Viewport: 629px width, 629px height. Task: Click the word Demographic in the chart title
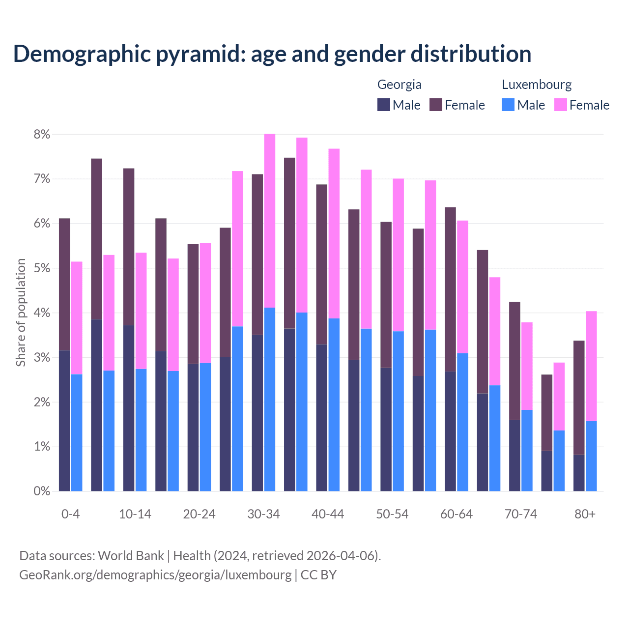82,54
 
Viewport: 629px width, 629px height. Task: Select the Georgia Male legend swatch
384,105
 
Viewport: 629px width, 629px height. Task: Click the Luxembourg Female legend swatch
560,105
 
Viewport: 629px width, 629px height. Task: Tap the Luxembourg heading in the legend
537,85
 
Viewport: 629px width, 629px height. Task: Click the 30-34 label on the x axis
263,514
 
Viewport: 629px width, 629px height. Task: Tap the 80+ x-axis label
585,514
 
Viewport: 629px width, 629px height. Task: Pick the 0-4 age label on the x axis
70,514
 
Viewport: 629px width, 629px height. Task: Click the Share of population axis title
21,313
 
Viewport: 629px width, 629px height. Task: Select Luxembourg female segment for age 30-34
270,221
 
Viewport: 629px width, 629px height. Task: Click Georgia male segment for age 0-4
64,421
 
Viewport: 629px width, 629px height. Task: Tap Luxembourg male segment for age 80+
591,456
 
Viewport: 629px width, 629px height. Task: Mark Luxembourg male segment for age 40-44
334,404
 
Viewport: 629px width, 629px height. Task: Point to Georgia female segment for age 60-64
450,289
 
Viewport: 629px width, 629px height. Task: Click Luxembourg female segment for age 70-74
527,366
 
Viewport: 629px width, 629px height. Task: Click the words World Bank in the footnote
131,556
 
